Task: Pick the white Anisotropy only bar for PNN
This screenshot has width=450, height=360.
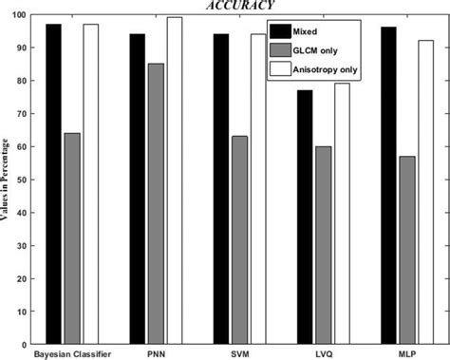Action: click(x=174, y=180)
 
